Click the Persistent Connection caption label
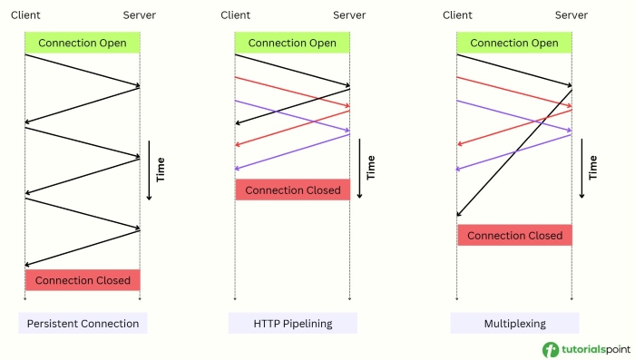click(x=83, y=323)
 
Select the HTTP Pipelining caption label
click(x=293, y=323)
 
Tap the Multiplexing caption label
click(x=514, y=323)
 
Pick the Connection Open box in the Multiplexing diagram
click(x=514, y=43)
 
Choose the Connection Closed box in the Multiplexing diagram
click(x=514, y=236)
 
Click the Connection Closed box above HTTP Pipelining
click(x=292, y=190)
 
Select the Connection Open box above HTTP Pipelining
click(x=292, y=43)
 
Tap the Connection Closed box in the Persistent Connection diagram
click(x=83, y=280)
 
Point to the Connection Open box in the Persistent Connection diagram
click(x=83, y=43)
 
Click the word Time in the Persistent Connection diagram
click(x=161, y=170)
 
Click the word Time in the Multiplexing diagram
click(x=593, y=168)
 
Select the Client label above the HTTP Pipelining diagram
click(x=236, y=15)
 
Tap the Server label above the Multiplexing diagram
click(x=571, y=15)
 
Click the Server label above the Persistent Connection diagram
click(x=140, y=15)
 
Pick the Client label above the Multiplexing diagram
click(x=458, y=15)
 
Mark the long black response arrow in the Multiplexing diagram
click(x=514, y=152)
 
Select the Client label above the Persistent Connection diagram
click(x=25, y=15)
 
